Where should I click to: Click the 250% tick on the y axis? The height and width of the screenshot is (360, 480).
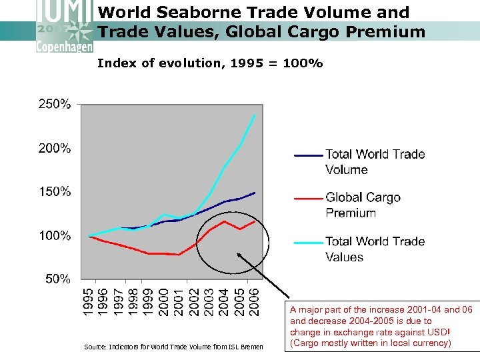(53, 104)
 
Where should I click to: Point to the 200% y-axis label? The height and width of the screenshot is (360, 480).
(53, 148)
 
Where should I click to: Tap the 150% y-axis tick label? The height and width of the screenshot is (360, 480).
(53, 191)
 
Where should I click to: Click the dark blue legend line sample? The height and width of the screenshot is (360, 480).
(308, 155)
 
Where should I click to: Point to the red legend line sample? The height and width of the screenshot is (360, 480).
(308, 198)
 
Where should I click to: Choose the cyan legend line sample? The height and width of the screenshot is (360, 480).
(308, 242)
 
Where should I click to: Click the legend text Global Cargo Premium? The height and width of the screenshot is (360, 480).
(363, 205)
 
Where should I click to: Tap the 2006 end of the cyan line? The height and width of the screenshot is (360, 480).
(255, 115)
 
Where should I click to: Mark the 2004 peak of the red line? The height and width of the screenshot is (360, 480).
(225, 221)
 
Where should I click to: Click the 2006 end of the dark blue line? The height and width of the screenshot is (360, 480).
(255, 193)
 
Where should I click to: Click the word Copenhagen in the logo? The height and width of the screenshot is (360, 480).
(65, 46)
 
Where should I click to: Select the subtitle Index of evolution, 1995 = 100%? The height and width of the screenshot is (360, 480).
(210, 63)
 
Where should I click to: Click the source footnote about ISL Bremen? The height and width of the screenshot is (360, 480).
(173, 347)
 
